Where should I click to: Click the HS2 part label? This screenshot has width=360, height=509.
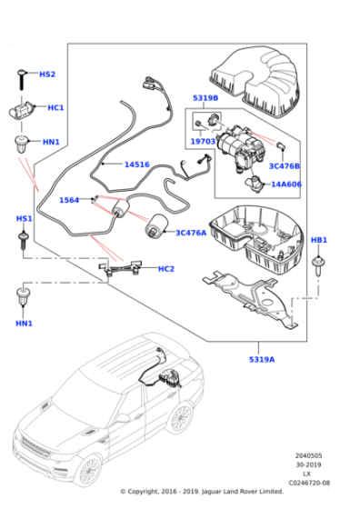[x=46, y=74]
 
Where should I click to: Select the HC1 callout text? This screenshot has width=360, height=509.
[x=55, y=107]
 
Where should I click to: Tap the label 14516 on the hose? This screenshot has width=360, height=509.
[x=136, y=165]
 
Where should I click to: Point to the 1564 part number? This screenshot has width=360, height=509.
[x=70, y=200]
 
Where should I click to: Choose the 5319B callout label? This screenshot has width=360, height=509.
[x=205, y=98]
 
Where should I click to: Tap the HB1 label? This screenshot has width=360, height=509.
[x=319, y=240]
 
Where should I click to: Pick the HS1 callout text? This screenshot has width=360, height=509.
[x=24, y=219]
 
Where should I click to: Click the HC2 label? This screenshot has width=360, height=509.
[x=165, y=268]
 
